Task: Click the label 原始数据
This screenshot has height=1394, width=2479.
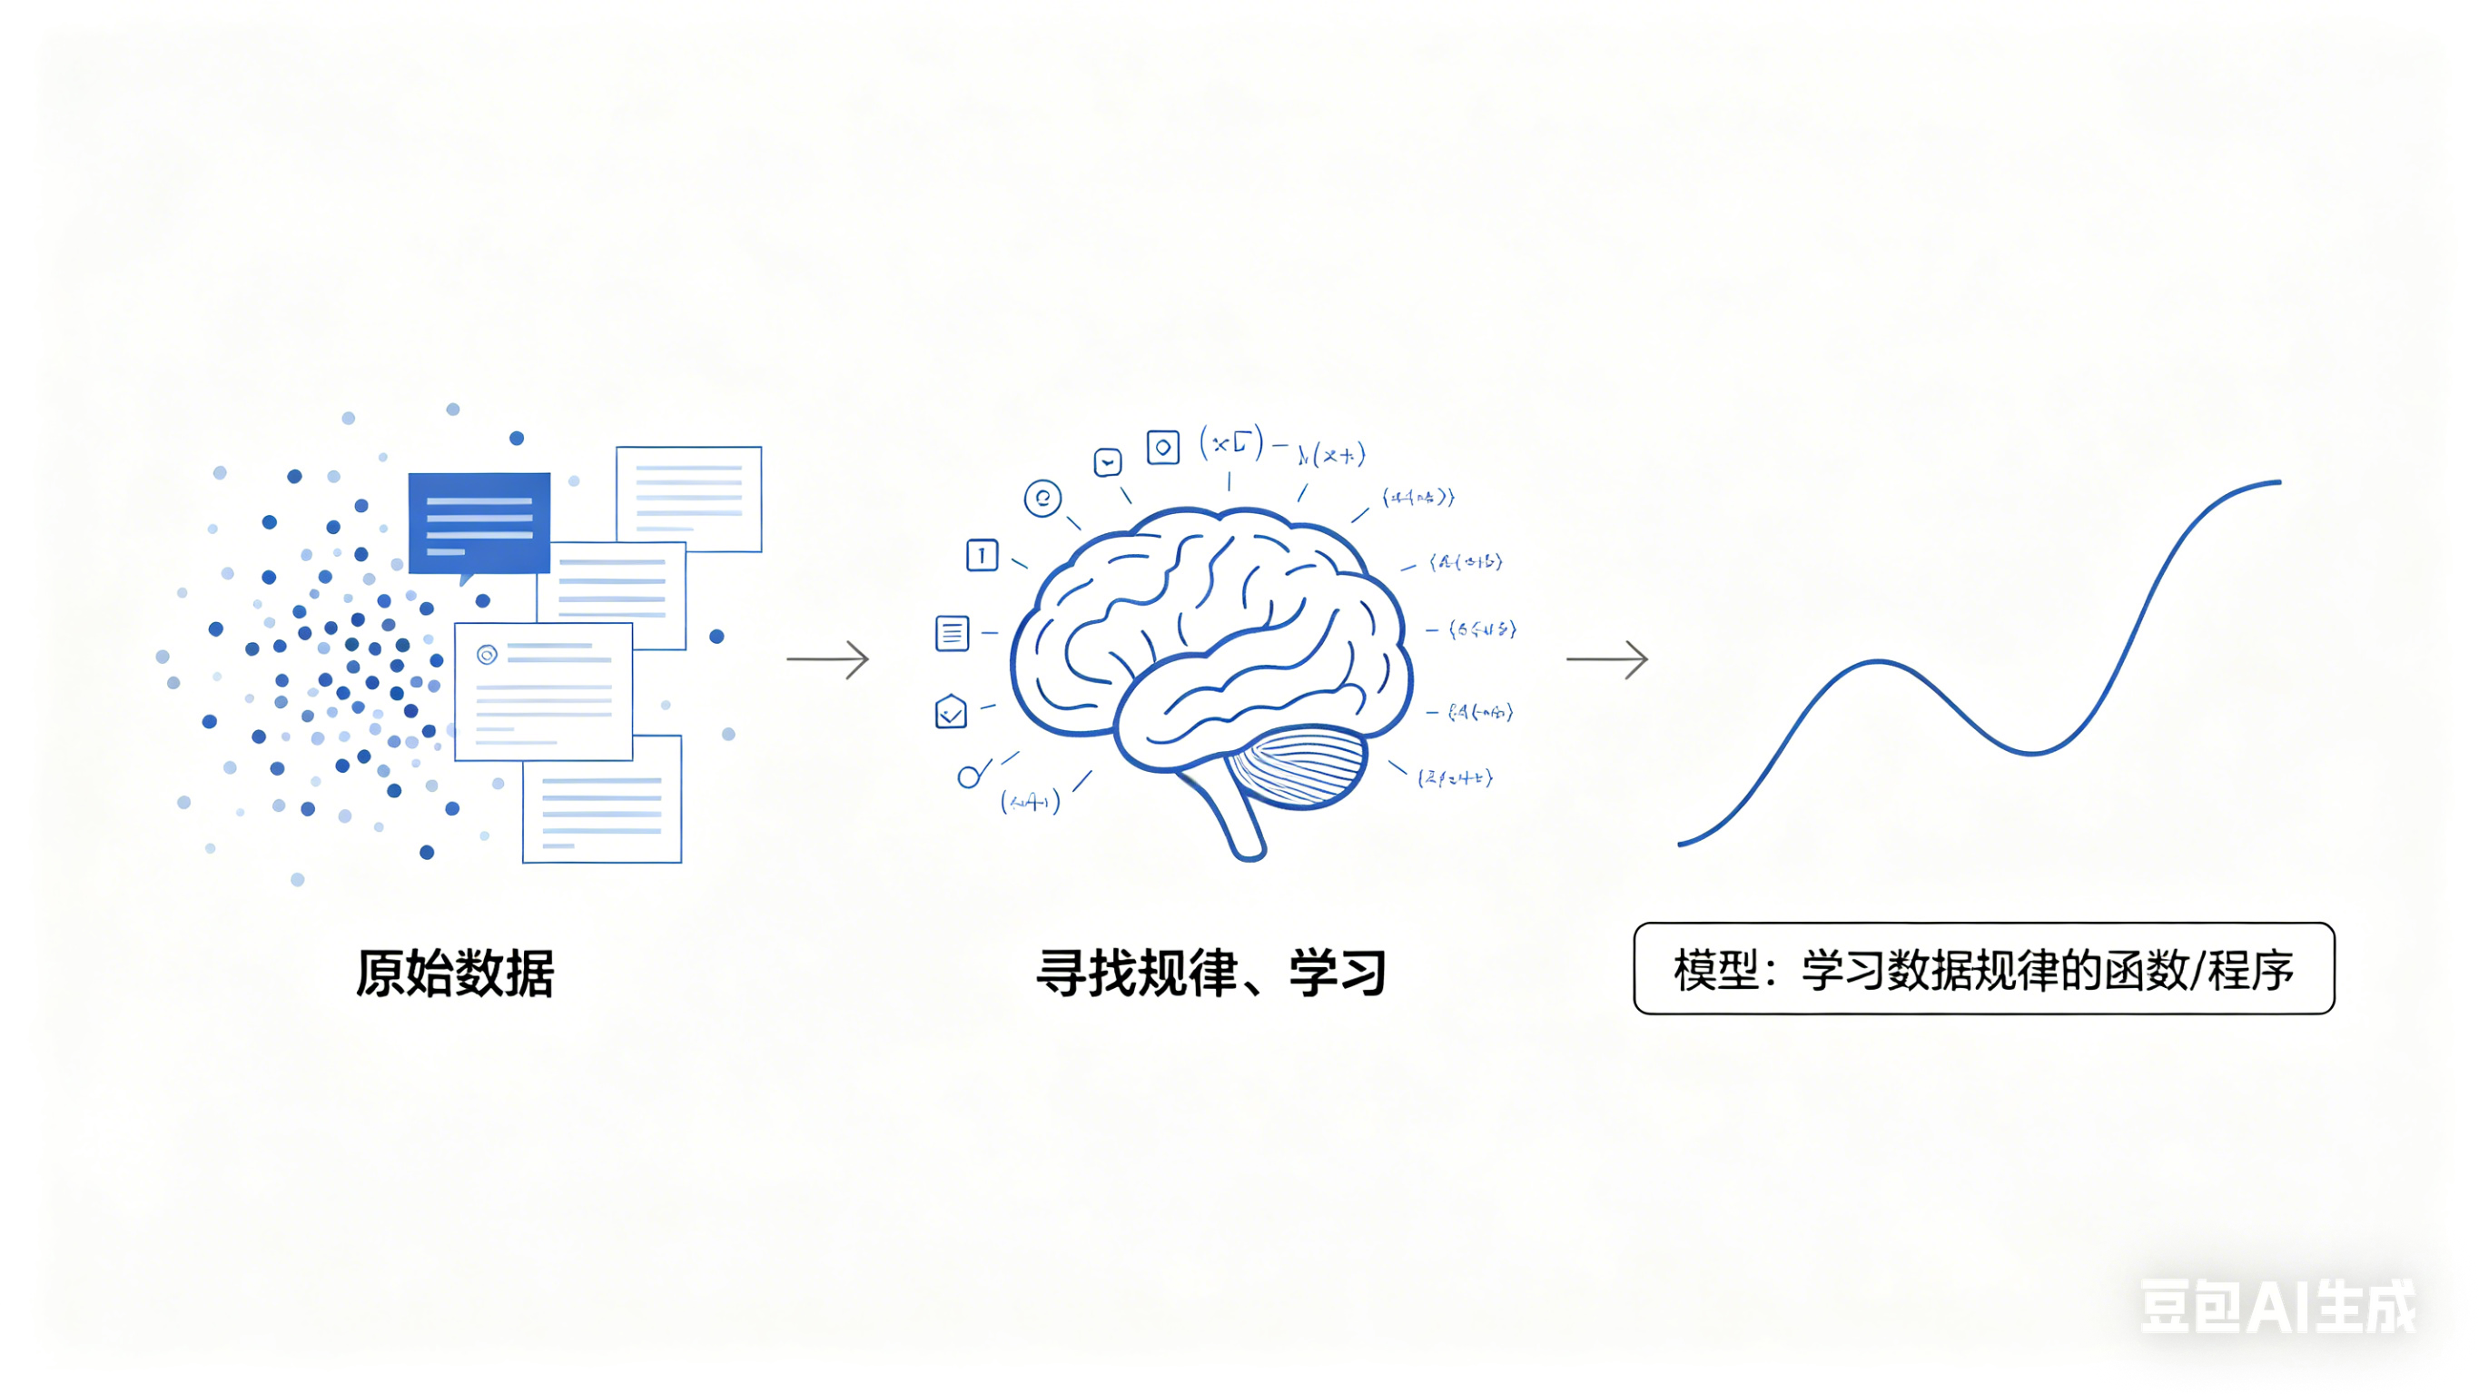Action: (x=454, y=973)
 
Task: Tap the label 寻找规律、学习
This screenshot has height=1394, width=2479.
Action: (x=1210, y=973)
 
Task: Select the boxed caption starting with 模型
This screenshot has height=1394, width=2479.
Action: (x=1983, y=968)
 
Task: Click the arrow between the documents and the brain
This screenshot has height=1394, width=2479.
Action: (x=827, y=659)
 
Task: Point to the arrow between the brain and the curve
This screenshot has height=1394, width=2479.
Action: (x=1607, y=659)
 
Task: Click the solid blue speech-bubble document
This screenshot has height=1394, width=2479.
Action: (x=479, y=523)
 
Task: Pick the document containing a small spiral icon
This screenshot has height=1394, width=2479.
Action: (x=543, y=691)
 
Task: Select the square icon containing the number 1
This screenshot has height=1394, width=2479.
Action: (x=982, y=556)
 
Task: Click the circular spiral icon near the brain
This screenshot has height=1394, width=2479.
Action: (x=1042, y=499)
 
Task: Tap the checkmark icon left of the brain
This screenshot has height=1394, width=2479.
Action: (x=951, y=712)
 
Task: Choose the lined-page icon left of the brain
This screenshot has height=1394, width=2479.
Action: (x=952, y=634)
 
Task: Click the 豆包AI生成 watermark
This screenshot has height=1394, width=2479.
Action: (x=2277, y=1308)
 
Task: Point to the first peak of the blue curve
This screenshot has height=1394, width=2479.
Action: (x=1879, y=662)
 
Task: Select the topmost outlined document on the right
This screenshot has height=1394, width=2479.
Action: (x=689, y=498)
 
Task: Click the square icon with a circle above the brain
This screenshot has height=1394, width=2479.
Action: (x=1162, y=448)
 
